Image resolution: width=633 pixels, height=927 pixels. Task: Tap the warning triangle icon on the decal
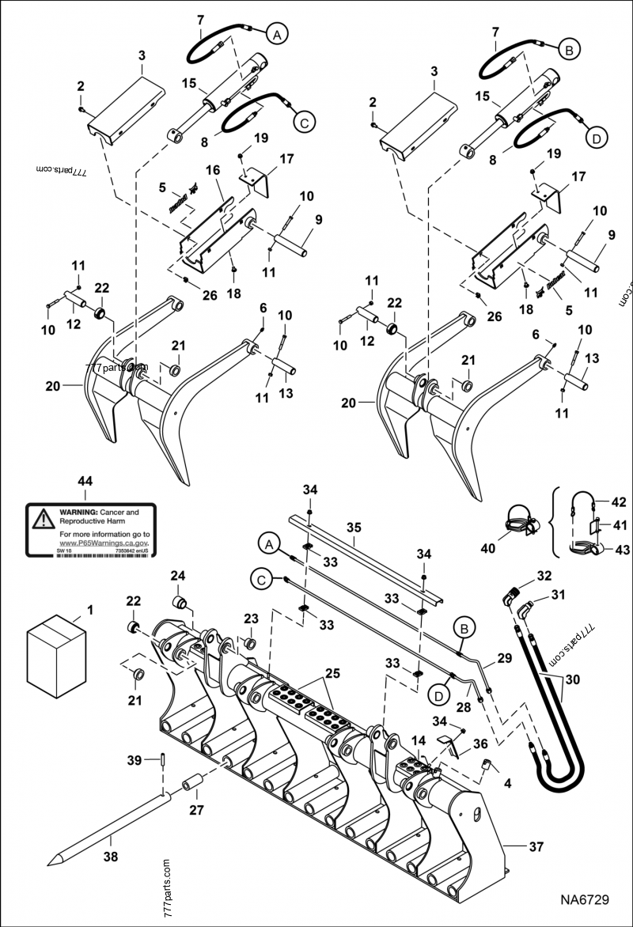click(41, 519)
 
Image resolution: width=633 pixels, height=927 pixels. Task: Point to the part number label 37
click(536, 846)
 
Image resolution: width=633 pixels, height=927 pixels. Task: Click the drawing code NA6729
click(582, 900)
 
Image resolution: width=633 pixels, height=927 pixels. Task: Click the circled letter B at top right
click(569, 49)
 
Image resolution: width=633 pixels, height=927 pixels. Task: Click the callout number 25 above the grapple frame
click(333, 674)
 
